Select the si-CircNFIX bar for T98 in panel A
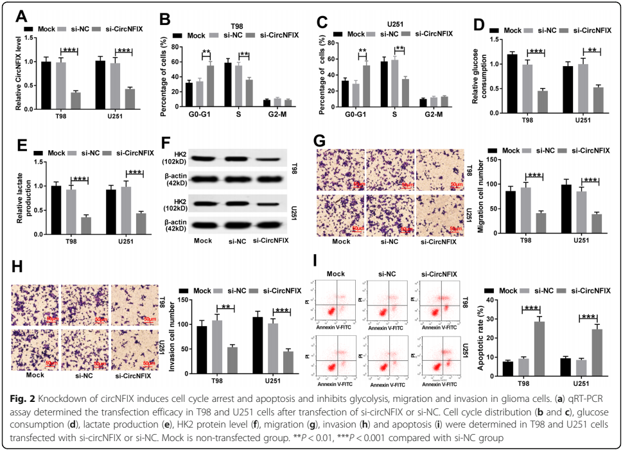(x=76, y=102)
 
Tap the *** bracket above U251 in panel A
(x=123, y=51)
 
